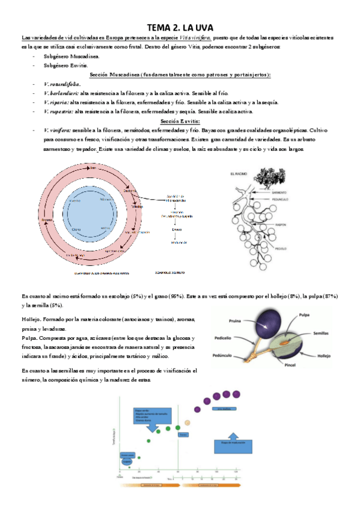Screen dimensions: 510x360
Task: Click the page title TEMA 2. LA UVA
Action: [x=180, y=28]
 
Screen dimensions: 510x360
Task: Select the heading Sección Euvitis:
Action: [x=180, y=121]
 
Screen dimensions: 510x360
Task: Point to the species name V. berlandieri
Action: [x=62, y=93]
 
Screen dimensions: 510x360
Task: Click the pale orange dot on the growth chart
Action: [x=188, y=422]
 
